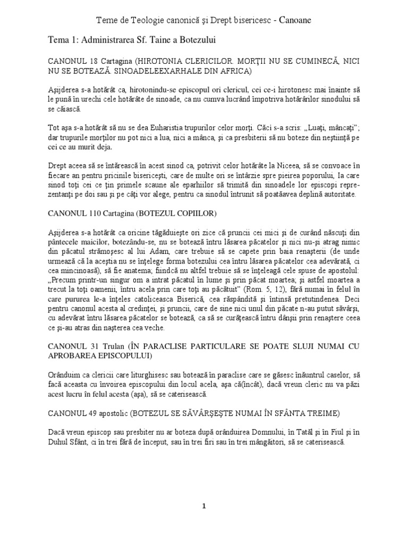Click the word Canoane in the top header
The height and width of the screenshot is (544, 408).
coord(293,20)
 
